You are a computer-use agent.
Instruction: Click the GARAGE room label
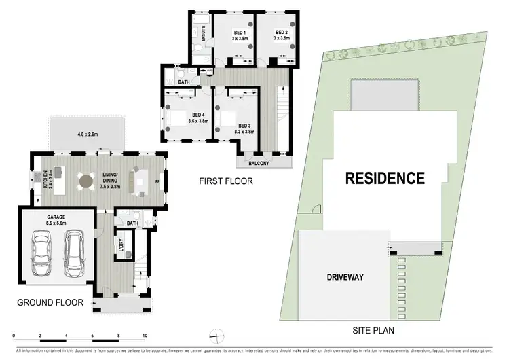coord(56,217)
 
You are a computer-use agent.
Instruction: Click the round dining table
coord(86,181)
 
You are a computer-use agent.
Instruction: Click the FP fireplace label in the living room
coord(158,182)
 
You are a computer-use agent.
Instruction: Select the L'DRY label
coord(123,245)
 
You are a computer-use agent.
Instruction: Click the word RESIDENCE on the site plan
coord(385,179)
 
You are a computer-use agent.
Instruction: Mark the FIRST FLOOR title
coord(225,181)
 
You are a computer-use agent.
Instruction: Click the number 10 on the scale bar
coord(145,336)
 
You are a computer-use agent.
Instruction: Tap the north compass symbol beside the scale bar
coord(215,334)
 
